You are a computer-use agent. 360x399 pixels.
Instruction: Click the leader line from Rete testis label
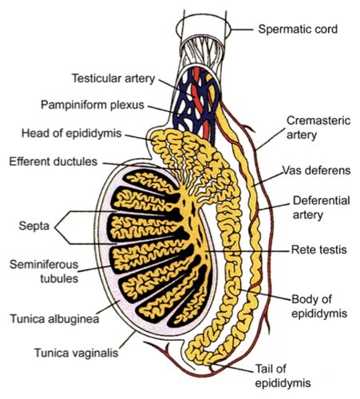tap(247, 249)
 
